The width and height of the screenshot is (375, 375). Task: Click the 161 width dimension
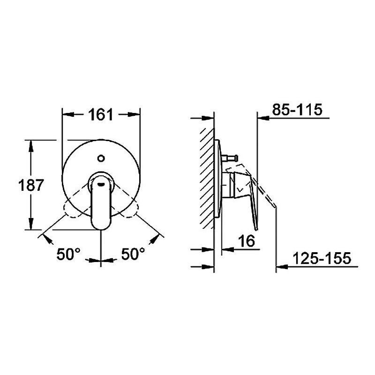click(x=101, y=114)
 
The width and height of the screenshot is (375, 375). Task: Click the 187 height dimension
click(x=14, y=186)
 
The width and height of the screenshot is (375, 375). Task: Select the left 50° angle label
click(x=69, y=255)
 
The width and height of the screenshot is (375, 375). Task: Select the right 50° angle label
click(x=133, y=255)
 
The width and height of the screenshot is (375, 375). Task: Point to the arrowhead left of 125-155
click(x=281, y=268)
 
